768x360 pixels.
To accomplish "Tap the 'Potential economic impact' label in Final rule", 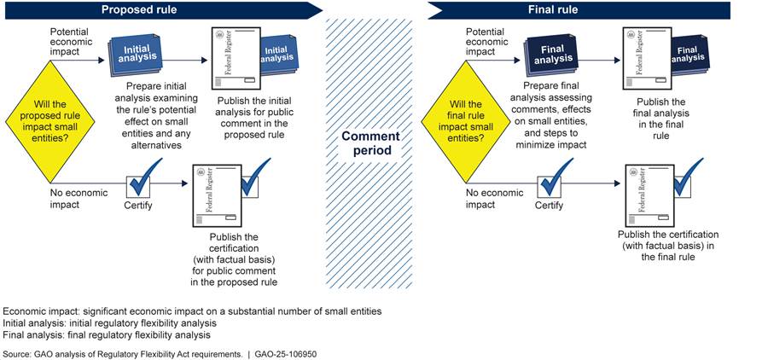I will click(x=490, y=40).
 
